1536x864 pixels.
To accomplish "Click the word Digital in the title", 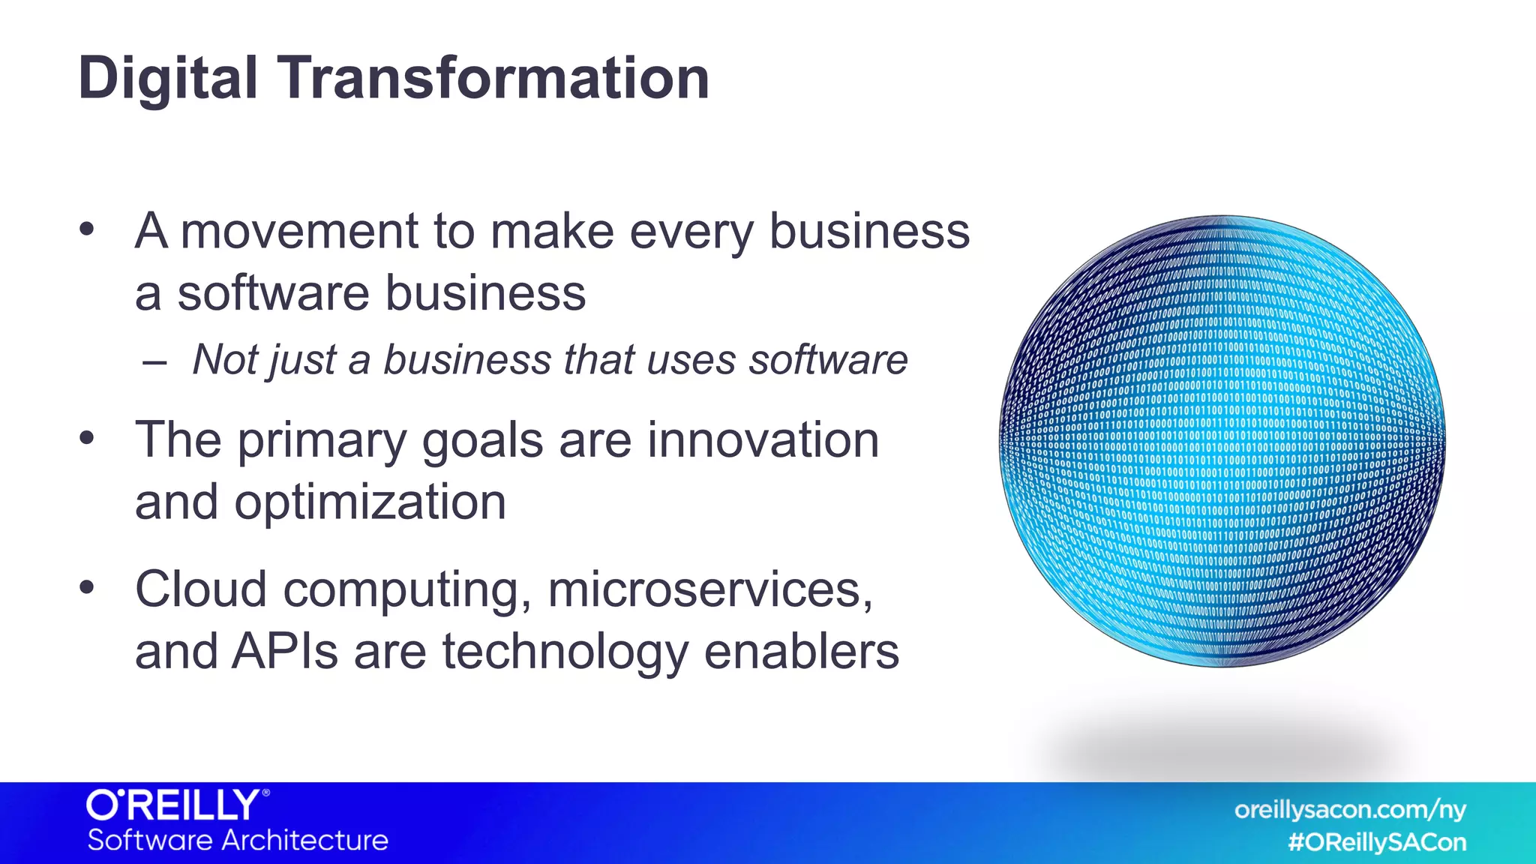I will point(168,79).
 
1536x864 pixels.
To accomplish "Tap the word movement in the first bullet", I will point(298,232).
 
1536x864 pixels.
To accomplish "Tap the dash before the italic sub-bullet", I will point(154,362).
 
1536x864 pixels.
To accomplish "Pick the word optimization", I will point(370,502).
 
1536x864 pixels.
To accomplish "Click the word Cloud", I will point(201,589).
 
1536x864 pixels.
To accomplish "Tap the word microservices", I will point(709,589).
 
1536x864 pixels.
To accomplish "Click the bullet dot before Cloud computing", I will point(87,588).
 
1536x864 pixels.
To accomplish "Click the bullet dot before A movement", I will point(87,229).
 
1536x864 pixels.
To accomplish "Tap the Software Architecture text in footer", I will point(238,840).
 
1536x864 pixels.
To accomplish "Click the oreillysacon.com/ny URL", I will point(1349,810).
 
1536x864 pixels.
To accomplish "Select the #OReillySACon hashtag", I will point(1376,842).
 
